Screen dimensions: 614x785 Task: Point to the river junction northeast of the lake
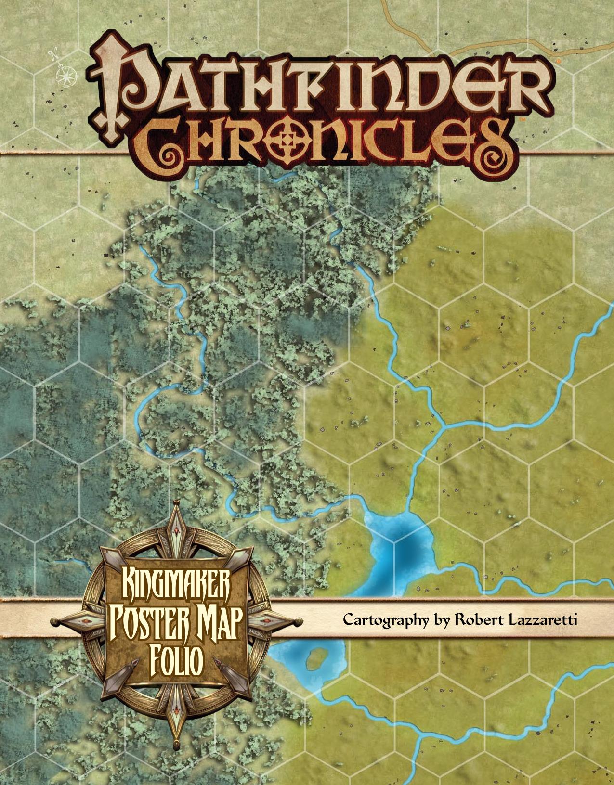(x=444, y=426)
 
